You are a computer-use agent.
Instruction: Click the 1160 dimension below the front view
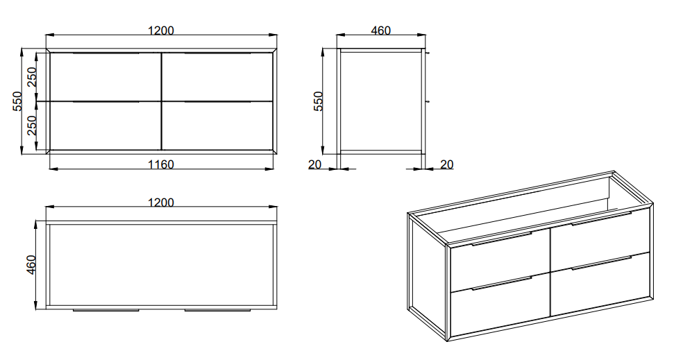[161, 164]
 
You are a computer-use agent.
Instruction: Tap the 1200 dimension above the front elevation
[161, 31]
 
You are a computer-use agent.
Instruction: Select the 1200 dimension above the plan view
[161, 203]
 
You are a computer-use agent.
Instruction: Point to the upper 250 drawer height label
[31, 77]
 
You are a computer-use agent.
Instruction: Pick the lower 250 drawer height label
[31, 126]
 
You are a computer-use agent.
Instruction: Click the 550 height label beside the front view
[17, 101]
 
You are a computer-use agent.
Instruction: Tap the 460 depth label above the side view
[380, 31]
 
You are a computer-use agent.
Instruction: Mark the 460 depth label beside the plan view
[31, 265]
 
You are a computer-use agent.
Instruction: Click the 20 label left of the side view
[314, 164]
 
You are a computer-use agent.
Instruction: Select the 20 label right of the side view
[447, 164]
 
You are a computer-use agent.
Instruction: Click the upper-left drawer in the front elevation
[106, 77]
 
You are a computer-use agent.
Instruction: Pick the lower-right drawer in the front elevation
[217, 126]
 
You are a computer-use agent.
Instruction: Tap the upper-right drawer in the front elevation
[217, 77]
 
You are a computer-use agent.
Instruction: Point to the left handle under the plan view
[106, 310]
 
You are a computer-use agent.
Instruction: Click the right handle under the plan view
[217, 310]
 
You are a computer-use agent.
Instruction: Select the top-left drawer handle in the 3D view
[501, 239]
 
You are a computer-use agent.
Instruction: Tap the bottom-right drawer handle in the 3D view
[601, 263]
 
